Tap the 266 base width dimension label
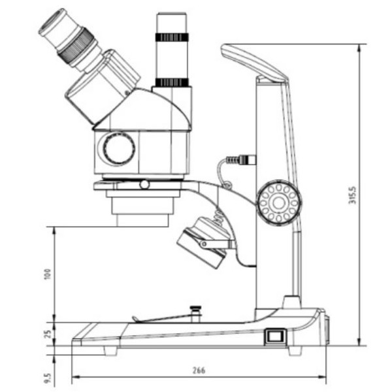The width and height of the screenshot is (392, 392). (x=199, y=370)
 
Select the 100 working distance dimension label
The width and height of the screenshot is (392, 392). (x=46, y=273)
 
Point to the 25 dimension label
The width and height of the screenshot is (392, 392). (x=46, y=334)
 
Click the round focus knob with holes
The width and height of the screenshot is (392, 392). (x=278, y=203)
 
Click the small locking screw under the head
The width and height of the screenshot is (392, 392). (x=144, y=185)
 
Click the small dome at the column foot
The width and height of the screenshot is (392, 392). (x=290, y=302)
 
